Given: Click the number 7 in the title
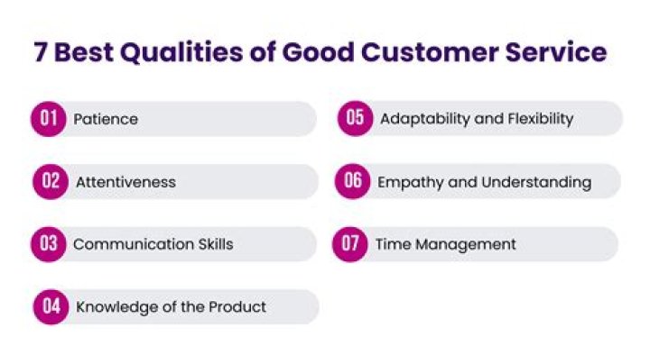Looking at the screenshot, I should click(40, 51).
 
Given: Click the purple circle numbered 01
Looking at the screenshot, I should click(49, 119).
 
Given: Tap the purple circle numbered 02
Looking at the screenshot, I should click(51, 182).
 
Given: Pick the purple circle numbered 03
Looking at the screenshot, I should click(49, 244).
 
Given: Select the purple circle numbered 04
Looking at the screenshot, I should click(51, 306).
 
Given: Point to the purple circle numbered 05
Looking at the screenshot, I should click(356, 119).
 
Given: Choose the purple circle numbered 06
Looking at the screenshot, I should click(353, 182).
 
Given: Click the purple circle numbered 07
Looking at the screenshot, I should click(349, 244).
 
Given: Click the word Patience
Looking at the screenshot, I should click(106, 119).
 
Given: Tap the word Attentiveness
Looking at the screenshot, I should click(125, 182).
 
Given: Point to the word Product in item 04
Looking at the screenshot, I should click(237, 306).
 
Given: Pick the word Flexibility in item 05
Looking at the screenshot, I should click(538, 119).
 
